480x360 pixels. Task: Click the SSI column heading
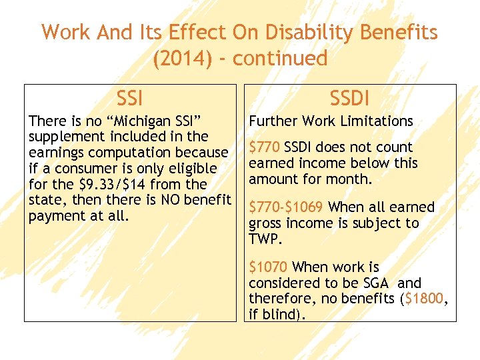130,99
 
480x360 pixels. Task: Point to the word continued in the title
280,59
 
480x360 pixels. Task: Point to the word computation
125,153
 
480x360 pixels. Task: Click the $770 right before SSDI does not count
265,147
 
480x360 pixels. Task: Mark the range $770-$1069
287,207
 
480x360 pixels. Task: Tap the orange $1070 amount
268,267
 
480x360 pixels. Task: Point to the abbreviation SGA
375,283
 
